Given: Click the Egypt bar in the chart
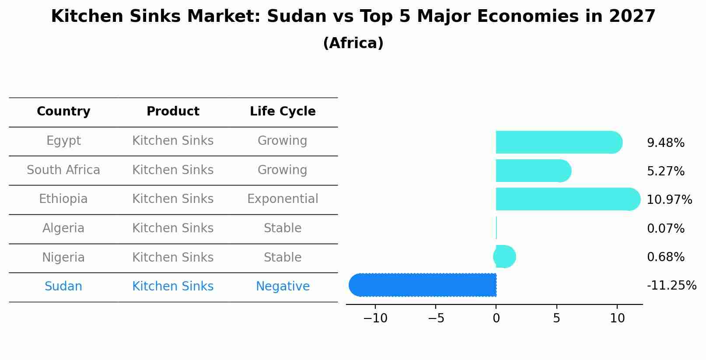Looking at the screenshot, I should (x=558, y=142).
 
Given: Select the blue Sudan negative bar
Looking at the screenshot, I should (x=423, y=285).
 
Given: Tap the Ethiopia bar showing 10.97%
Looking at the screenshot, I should (x=567, y=199).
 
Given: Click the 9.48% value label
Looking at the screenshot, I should (x=665, y=143).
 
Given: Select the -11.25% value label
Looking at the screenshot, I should (x=671, y=286).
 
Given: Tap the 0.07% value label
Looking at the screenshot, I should (x=665, y=228).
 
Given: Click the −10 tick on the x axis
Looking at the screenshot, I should (x=375, y=318).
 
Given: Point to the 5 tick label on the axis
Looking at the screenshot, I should (x=556, y=318).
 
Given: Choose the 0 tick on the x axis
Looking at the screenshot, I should (x=496, y=318).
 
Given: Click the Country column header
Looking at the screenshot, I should (x=63, y=112).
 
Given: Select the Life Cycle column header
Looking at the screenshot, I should (x=283, y=112).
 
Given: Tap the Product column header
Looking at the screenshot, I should (x=173, y=112).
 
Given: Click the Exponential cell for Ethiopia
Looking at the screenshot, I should (x=283, y=199).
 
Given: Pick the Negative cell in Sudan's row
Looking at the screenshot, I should (x=283, y=287).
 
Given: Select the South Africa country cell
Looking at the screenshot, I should (x=63, y=170).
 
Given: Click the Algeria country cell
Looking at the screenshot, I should (x=63, y=228).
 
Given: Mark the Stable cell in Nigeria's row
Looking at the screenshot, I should (x=283, y=257).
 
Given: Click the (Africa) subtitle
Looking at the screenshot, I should (x=353, y=43).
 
